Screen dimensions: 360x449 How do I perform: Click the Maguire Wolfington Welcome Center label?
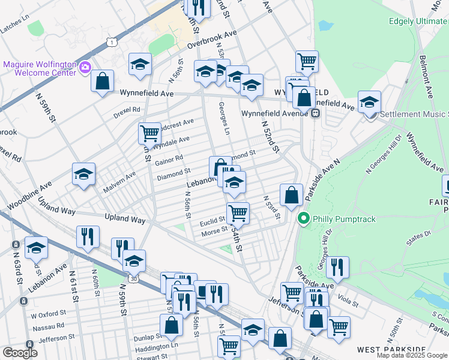tap(40, 68)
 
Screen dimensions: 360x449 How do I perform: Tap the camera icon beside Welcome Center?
tap(85, 67)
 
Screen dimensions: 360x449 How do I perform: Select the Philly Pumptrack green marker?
tap(304, 218)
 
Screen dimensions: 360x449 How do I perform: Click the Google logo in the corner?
tap(20, 353)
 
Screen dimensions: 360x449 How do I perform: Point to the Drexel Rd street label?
tap(127, 110)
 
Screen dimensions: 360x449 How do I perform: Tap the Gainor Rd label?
tap(169, 160)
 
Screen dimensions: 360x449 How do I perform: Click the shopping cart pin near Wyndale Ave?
tap(149, 133)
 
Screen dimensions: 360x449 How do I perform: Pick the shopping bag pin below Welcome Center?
tap(103, 80)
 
